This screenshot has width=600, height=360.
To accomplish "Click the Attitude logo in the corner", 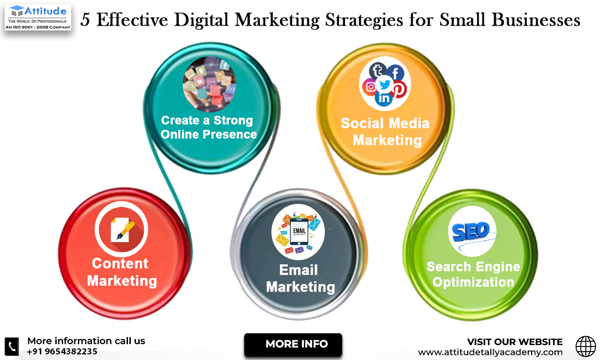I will [x=37, y=17].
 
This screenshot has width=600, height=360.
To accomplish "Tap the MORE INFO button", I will [x=293, y=344].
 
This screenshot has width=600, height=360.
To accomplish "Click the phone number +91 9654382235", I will [x=62, y=352].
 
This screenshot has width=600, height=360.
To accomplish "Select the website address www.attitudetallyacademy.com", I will [x=490, y=352].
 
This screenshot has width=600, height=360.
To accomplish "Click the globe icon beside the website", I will [x=585, y=346].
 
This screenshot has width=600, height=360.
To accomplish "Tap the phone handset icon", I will [x=12, y=346].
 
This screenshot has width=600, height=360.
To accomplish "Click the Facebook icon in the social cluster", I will [x=395, y=73].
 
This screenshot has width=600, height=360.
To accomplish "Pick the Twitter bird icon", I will [x=385, y=85].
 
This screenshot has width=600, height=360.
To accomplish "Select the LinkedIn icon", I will [x=383, y=98].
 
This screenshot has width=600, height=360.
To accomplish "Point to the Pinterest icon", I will [x=399, y=89].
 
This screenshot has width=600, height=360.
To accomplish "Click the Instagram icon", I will [x=370, y=87].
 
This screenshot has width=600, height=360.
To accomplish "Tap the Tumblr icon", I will [x=378, y=71].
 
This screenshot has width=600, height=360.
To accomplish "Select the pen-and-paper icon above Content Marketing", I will [x=122, y=230].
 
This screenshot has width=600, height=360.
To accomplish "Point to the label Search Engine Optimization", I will [x=473, y=274].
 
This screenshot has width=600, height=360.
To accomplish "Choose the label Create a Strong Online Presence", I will [x=209, y=127].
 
